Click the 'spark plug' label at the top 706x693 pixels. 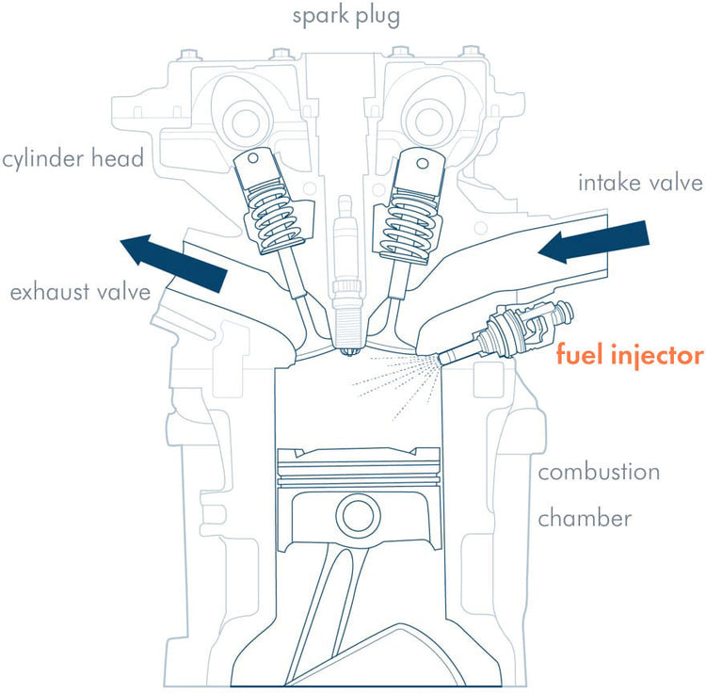pos(346,16)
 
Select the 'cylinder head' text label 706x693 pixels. pos(72,158)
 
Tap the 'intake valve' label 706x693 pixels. pos(640,183)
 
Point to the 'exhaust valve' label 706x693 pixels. pos(80,292)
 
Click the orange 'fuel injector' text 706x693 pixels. pos(629,356)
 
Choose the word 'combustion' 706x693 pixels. pos(598,472)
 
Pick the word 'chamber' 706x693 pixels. pos(585,518)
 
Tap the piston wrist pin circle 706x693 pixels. pos(358,515)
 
